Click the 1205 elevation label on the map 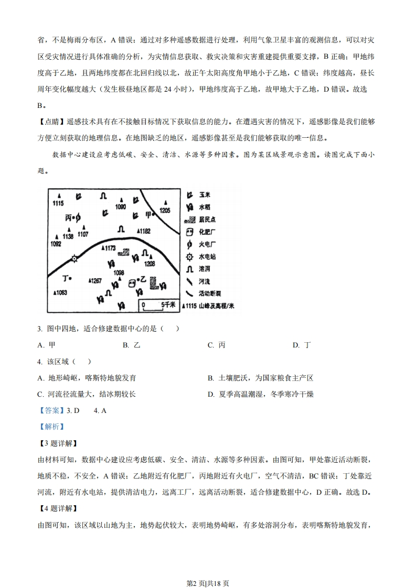[165, 210]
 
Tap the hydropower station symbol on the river [74, 258]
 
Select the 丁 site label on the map [66, 277]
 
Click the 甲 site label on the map [148, 215]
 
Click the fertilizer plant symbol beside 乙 [131, 282]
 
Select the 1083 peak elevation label [60, 292]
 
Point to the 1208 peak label [150, 264]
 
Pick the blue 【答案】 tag [51, 410]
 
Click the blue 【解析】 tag [51, 427]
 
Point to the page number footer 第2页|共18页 [208, 569]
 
